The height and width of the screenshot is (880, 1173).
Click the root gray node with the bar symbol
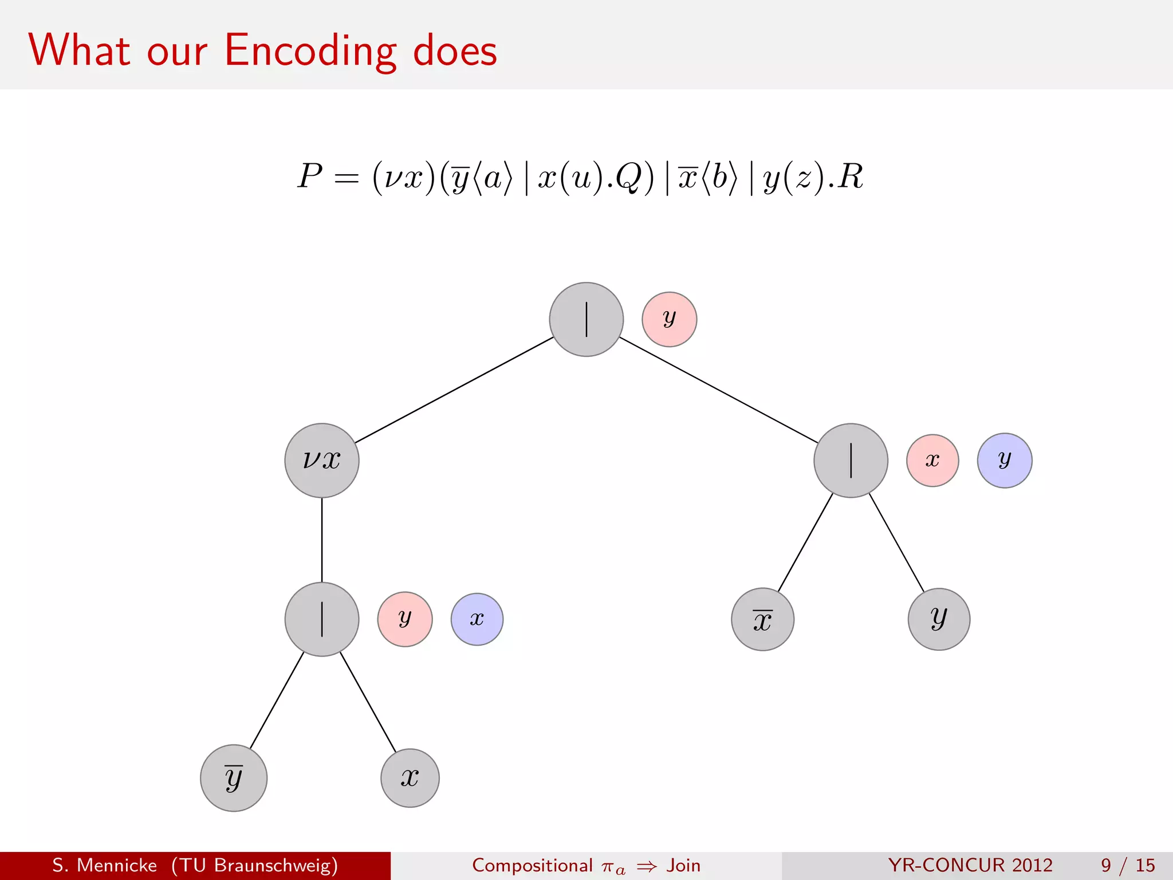coord(586,319)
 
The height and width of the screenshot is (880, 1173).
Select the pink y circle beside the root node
coord(669,319)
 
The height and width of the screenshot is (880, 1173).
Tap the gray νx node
coord(322,460)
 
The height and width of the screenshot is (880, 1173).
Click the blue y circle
coord(1004,460)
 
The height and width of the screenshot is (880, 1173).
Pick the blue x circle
coord(477,619)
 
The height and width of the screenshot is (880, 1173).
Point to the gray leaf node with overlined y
coord(234,777)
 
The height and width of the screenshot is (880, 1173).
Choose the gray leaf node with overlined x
coord(762,619)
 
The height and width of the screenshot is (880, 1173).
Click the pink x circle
coord(932,460)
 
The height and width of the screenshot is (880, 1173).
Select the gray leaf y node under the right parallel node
coord(939,619)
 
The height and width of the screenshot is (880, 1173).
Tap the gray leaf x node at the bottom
coord(410,777)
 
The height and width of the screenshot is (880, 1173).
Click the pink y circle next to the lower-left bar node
coord(404,619)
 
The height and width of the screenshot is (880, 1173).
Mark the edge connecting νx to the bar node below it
coord(322,540)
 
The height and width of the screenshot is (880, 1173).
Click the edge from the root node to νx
coord(454,390)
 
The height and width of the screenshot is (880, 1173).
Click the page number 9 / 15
coord(1127,865)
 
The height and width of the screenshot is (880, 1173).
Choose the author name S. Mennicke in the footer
coord(105,865)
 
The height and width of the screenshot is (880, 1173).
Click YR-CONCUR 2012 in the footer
coord(970,865)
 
